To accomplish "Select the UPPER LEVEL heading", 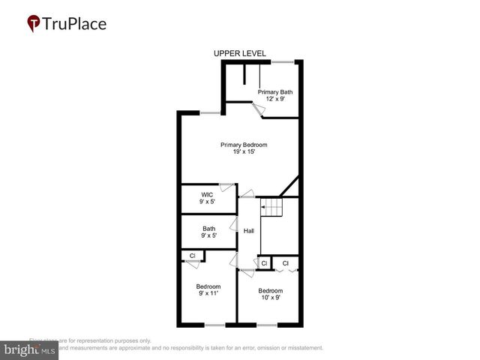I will pos(239,53).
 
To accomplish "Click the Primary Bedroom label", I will pos(244,145).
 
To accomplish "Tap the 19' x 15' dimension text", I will pos(244,152).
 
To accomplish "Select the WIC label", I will pos(207,195).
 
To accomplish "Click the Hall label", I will pos(248,230).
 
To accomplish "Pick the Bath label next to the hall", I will pos(208,229).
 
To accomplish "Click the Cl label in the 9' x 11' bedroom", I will pos(193,256).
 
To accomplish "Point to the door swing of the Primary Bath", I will pos(257,111).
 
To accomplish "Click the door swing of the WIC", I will pos(224,187).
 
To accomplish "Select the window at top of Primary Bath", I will pos(282,61).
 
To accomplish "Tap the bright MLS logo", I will pos(29,350).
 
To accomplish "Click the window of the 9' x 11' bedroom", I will pos(214,325).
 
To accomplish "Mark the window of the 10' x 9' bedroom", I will pos(267,325).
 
